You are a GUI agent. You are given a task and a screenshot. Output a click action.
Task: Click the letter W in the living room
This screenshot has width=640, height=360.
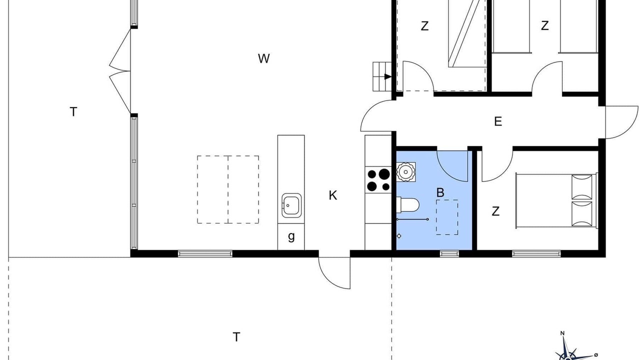(263, 58)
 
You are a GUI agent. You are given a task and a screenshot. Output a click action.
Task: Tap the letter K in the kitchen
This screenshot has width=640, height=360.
(333, 195)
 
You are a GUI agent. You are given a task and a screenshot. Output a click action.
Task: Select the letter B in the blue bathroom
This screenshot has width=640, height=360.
(440, 192)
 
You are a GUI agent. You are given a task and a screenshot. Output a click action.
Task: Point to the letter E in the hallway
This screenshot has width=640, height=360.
(498, 121)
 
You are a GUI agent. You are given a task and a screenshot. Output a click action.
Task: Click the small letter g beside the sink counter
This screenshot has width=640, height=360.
(291, 236)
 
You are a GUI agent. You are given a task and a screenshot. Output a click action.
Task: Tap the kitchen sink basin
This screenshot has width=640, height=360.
(291, 205)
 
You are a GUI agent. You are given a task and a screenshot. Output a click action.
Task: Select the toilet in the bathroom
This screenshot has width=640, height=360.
(407, 205)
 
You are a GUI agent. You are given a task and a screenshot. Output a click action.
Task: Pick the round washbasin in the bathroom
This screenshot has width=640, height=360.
(405, 171)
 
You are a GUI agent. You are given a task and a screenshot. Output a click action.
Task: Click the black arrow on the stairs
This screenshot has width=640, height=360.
(387, 76)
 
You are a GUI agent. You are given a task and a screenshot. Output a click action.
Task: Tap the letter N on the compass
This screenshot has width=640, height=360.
(562, 333)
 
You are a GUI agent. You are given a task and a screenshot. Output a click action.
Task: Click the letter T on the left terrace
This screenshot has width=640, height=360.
(73, 111)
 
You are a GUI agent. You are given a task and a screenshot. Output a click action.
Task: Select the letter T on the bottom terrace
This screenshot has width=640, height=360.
(236, 337)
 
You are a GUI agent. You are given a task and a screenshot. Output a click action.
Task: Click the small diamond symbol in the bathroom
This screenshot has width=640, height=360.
(399, 236)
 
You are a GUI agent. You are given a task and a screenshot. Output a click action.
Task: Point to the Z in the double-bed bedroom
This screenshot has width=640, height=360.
(495, 211)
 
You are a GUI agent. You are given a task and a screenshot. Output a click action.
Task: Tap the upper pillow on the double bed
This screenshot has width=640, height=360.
(581, 187)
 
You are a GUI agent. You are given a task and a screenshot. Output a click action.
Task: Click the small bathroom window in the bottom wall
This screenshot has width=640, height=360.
(449, 253)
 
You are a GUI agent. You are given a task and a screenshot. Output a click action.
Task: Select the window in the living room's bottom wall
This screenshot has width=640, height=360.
(205, 253)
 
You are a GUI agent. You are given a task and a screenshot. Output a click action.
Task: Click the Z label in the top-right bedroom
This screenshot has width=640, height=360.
(545, 25)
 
